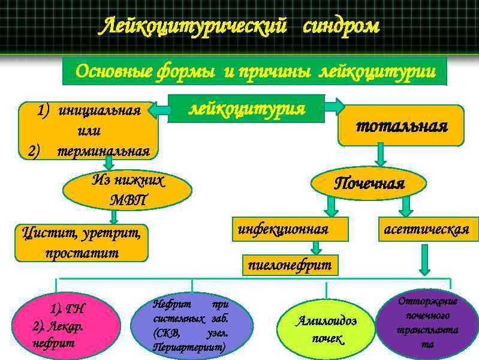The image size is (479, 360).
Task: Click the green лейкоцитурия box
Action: click(x=246, y=109)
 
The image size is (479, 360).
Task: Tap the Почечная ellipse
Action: click(x=369, y=183)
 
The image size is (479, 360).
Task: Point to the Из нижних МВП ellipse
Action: click(x=128, y=190)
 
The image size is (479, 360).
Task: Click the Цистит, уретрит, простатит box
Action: click(x=82, y=242)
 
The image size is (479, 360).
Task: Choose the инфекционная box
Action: click(x=283, y=229)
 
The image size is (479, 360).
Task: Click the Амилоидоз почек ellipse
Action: click(x=327, y=329)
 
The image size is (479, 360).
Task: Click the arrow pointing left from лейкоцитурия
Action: click(x=159, y=110)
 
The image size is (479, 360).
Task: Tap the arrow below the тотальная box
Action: click(x=381, y=157)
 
